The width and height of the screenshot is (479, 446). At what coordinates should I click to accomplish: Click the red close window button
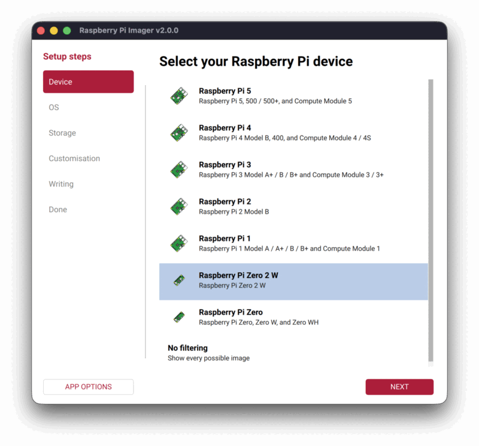coord(41,31)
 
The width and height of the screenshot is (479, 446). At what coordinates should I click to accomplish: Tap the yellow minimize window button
coord(54,31)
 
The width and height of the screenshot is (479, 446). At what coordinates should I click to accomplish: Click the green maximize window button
coord(67,31)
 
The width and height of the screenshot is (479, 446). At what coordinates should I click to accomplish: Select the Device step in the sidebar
coord(88,82)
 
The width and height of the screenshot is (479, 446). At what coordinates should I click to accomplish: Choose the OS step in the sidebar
coord(54,107)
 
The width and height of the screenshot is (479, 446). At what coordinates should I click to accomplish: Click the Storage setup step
coord(62,133)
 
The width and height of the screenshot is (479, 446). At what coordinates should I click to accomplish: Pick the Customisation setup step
coord(74,159)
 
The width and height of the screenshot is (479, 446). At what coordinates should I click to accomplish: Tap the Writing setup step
coord(61,184)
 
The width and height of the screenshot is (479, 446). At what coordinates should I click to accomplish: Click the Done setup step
coord(58,210)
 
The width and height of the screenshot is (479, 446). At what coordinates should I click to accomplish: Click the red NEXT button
coord(399,387)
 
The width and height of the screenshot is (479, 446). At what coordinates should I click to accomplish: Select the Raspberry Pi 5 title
coord(225,91)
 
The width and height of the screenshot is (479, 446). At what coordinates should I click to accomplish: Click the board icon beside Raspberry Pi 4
coord(178,132)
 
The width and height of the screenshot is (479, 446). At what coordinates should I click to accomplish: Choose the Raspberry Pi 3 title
coord(225,165)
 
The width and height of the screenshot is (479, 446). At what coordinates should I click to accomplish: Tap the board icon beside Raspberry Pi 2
coord(178,206)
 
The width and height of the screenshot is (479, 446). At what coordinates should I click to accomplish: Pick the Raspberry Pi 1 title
coord(225,239)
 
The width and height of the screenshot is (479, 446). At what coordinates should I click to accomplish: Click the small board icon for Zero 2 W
coord(178,280)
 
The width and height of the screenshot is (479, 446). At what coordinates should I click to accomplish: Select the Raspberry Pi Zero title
coord(231,312)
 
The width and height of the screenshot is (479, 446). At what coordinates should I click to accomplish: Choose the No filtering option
coord(187,348)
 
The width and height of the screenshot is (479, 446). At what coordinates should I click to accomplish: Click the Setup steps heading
coord(67,57)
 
